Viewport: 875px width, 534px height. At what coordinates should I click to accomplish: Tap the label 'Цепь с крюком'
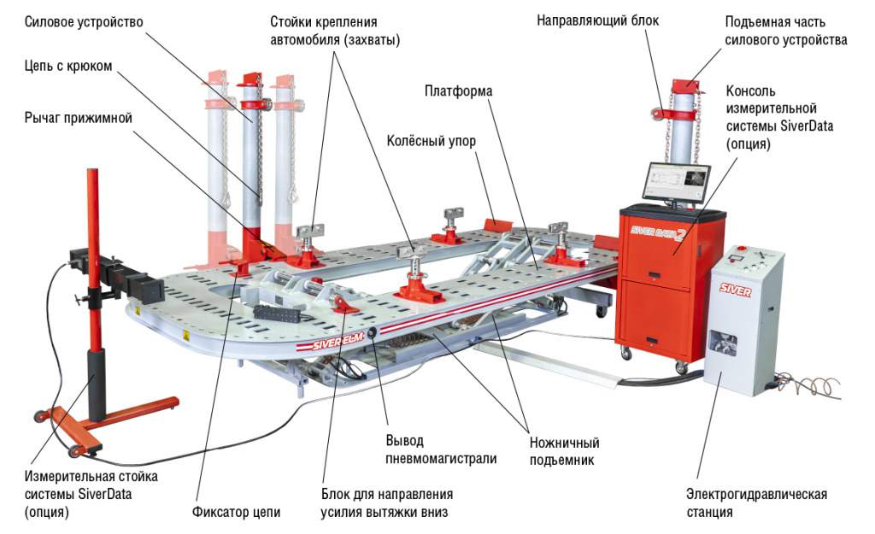(x=68, y=66)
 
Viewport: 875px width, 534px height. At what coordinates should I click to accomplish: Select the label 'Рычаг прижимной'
(x=78, y=119)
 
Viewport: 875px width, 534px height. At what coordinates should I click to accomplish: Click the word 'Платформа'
(x=459, y=91)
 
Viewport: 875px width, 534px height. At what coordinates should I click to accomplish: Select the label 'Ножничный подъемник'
(x=564, y=452)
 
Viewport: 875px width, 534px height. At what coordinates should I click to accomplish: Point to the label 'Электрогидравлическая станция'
(x=756, y=503)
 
